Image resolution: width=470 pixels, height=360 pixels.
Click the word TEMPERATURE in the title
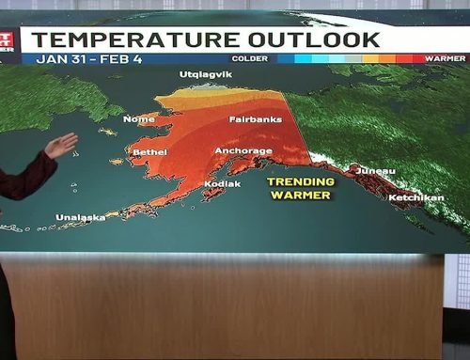coord(125,39)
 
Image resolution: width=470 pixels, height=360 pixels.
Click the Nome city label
coord(138,119)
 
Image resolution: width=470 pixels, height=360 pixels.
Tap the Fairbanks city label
coord(255,119)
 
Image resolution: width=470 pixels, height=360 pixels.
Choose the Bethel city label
coord(149,151)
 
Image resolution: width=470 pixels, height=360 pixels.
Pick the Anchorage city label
coord(243,150)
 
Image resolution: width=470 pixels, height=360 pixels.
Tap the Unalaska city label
coord(81,217)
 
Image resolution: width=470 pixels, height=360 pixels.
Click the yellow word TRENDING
coord(300,181)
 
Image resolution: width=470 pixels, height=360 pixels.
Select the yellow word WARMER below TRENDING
coord(300,196)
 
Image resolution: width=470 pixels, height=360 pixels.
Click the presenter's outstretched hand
coord(61,146)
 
